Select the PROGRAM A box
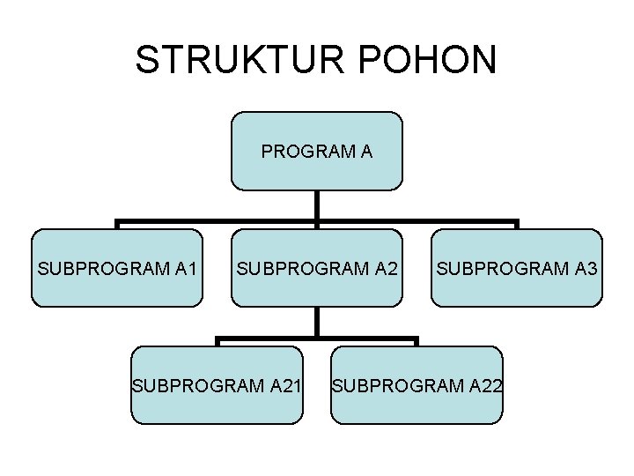pos(317,151)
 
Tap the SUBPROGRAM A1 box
pos(117,268)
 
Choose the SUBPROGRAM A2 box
pos(317,268)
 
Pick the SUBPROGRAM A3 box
pos(517,268)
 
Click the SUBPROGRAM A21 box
pos(217,385)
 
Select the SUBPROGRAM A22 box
pos(417,385)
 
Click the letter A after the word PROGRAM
pos(365,152)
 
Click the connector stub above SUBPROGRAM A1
pos(117,226)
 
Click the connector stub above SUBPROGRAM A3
pos(517,226)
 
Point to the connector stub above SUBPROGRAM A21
pos(217,342)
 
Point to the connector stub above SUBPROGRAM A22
pos(417,342)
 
